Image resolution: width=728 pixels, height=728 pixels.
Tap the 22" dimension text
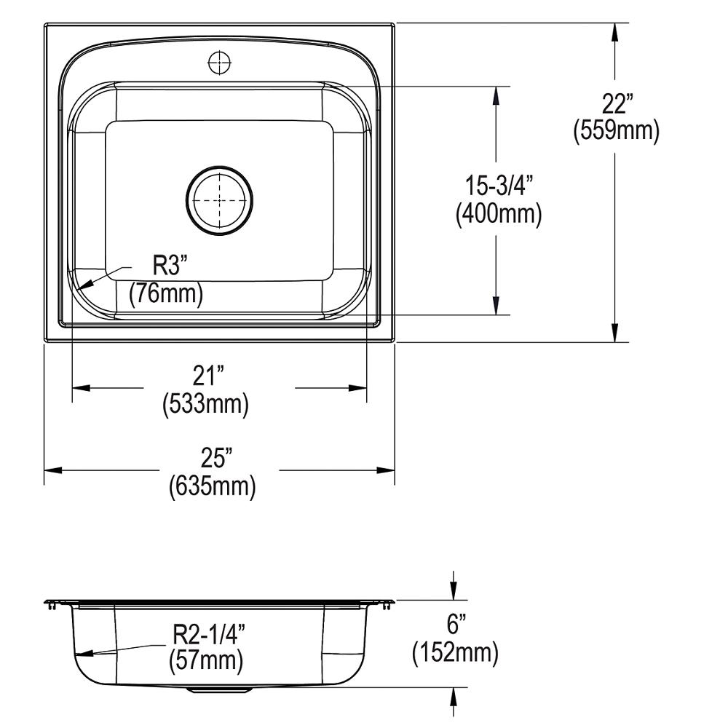pos(615,104)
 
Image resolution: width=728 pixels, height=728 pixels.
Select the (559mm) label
pos(616,131)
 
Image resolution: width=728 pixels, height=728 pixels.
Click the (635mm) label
pos(212,486)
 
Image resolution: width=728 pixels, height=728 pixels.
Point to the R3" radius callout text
pos(170,267)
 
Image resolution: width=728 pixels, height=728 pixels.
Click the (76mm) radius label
pos(166,294)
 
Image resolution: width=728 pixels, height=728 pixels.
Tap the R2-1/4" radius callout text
pos(208,634)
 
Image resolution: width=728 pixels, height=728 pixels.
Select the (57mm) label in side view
pos(205,661)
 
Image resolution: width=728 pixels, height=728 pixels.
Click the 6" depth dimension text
pos(455,625)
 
